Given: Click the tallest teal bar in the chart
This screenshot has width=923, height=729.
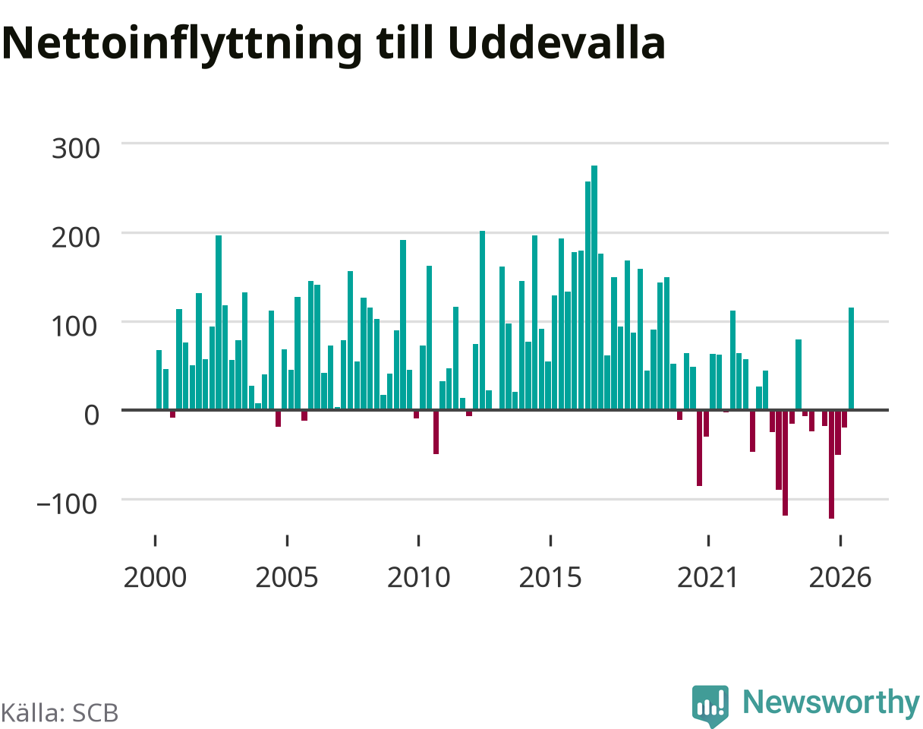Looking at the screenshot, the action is coord(594,288).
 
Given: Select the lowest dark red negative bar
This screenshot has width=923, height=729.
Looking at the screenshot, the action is coord(831,465).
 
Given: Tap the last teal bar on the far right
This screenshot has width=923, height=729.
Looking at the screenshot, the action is coord(851,358).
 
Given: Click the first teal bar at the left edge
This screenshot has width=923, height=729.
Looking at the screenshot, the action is coord(159,380).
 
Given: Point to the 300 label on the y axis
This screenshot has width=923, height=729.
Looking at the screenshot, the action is coord(76,149).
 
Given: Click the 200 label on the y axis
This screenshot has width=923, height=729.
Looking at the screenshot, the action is coord(76,238).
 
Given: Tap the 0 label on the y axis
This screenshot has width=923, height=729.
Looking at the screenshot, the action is coord(92,415).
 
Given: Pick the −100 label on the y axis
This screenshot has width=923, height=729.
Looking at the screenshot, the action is coord(68,504).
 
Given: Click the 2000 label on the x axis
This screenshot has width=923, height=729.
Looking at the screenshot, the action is coord(155,578).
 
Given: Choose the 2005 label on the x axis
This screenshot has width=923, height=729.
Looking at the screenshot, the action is coord(287,578).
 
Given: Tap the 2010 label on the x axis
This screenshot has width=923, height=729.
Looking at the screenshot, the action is coord(418,578).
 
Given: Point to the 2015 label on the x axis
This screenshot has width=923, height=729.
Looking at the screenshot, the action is coord(550,578).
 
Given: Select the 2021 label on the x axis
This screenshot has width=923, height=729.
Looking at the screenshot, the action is coord(707,578).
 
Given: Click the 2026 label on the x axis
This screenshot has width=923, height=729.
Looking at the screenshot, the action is coord(840,578).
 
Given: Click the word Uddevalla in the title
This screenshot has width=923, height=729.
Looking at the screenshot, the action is coord(556,43).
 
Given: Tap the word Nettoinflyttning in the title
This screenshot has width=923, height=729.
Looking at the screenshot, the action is coord(182,46).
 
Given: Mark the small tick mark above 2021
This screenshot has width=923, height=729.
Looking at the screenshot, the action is coord(708,541).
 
